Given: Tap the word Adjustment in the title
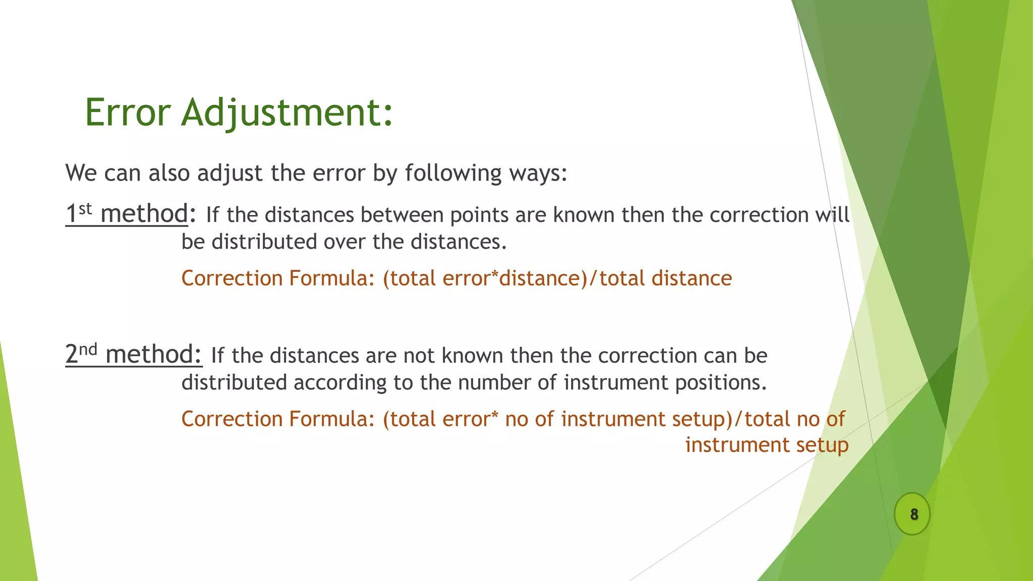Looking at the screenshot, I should (x=286, y=113).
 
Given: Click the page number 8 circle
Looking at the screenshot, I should (x=913, y=514).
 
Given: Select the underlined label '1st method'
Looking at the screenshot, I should (x=127, y=214).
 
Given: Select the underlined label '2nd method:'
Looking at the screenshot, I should (x=134, y=355).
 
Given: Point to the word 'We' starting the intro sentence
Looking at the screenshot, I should (x=81, y=173).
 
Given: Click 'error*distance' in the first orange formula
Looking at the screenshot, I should (x=511, y=278).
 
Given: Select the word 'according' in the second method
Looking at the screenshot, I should (x=340, y=383).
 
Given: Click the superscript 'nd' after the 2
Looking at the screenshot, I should (x=88, y=348).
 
